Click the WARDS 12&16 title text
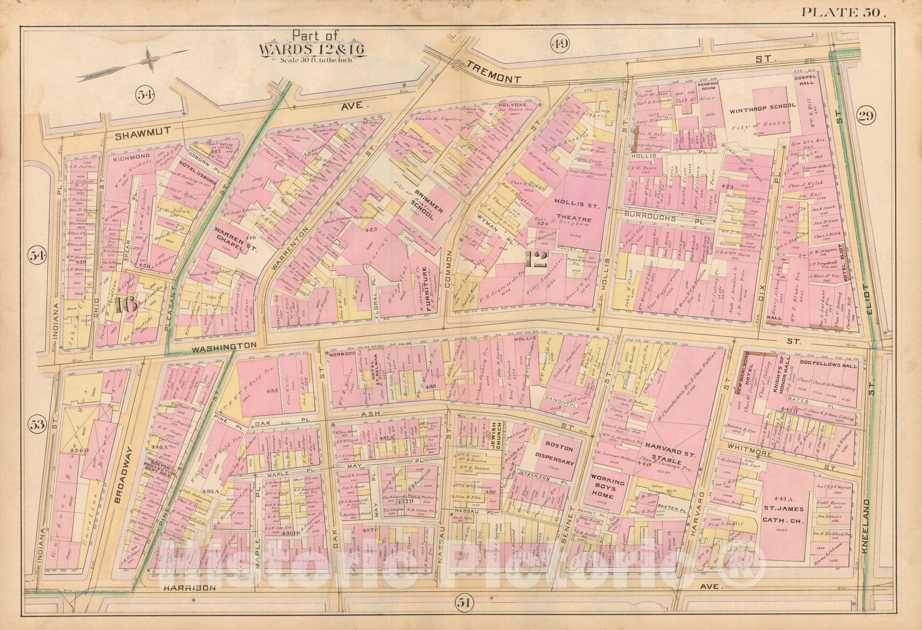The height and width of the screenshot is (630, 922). pyautogui.click(x=312, y=48)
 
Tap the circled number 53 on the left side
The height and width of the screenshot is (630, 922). pyautogui.click(x=37, y=425)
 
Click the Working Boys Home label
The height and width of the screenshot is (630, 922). pyautogui.click(x=608, y=488)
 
